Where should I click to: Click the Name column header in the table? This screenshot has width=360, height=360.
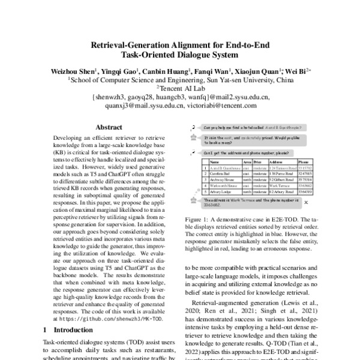pos(215,162)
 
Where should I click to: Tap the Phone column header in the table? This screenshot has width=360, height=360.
pos(304,162)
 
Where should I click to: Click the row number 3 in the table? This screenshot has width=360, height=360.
pos(205,179)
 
